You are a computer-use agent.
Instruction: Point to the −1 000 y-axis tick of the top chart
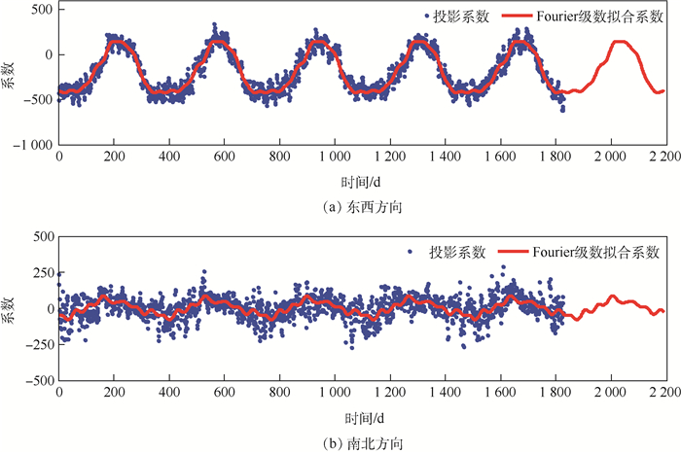[32, 145]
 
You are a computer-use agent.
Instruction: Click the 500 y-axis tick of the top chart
[42, 8]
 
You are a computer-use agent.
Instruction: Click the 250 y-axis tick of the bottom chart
[42, 272]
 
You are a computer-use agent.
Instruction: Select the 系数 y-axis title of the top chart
[11, 75]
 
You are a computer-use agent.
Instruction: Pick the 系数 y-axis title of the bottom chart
[11, 309]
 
